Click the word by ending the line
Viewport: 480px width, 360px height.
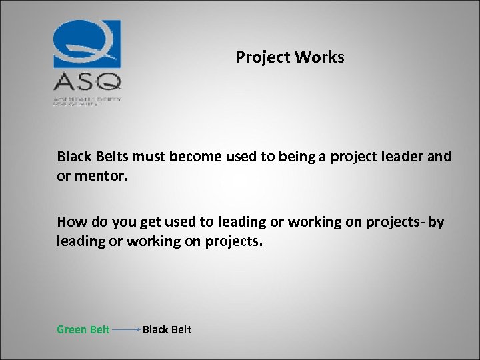tap(436, 222)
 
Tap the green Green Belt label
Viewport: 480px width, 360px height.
tap(83, 329)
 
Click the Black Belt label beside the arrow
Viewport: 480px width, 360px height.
tap(167, 329)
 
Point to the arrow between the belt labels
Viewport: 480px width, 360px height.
tap(126, 329)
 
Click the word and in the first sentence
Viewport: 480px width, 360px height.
tap(439, 157)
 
